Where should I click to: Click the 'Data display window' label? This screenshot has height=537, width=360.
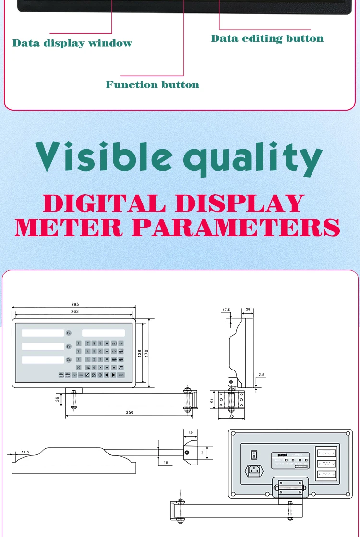[x=72, y=43]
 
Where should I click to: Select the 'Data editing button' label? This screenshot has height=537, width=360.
[x=267, y=38]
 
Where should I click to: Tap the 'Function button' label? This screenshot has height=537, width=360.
[x=152, y=84]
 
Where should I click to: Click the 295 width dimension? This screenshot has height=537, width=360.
[x=74, y=304]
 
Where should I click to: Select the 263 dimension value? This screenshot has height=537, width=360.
[x=74, y=312]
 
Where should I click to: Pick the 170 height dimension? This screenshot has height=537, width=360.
[x=146, y=353]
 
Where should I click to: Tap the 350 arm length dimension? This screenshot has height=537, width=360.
[x=129, y=412]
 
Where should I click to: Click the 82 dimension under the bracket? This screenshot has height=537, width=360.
[x=231, y=417]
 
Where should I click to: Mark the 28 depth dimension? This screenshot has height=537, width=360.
[x=248, y=310]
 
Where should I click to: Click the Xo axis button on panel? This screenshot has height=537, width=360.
[x=69, y=333]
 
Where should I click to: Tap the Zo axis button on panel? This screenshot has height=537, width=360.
[x=69, y=359]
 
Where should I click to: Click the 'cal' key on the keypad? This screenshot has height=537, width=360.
[x=114, y=343]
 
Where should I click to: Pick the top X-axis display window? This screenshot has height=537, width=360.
[x=43, y=333]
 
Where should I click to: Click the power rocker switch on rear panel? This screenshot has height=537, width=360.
[x=254, y=454]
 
